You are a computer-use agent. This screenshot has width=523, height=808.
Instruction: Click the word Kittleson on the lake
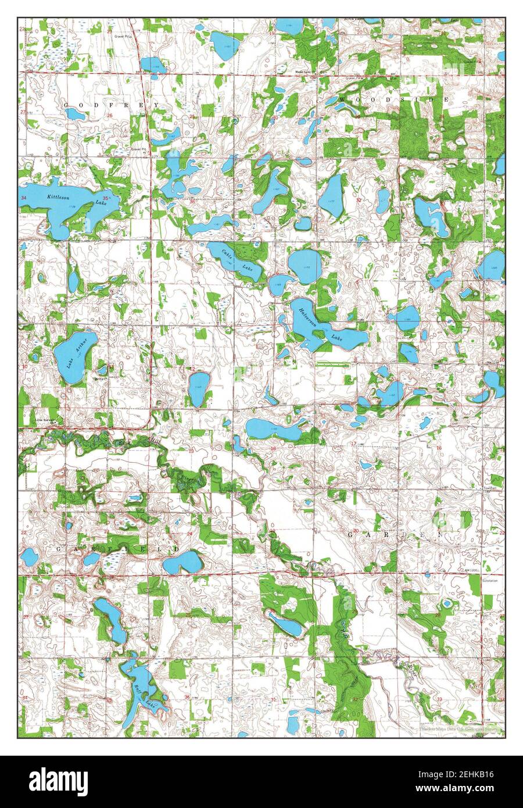click(x=58, y=197)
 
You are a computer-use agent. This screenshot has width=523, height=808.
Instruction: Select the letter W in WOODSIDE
click(x=341, y=100)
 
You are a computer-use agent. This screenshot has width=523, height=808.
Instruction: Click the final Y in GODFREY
click(x=156, y=105)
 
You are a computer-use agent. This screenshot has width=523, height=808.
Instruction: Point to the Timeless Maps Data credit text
click(x=459, y=727)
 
